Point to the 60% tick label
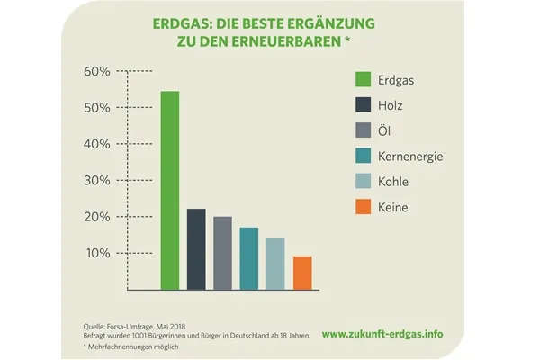(x=97, y=70)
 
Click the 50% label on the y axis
(x=97, y=107)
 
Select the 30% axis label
(x=97, y=180)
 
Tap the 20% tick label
(x=97, y=217)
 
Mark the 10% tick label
(x=97, y=253)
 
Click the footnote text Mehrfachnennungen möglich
(x=130, y=346)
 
